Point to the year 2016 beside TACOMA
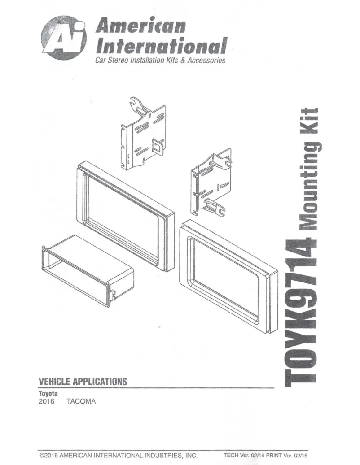pos(47,400)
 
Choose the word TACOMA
pos(81,400)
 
